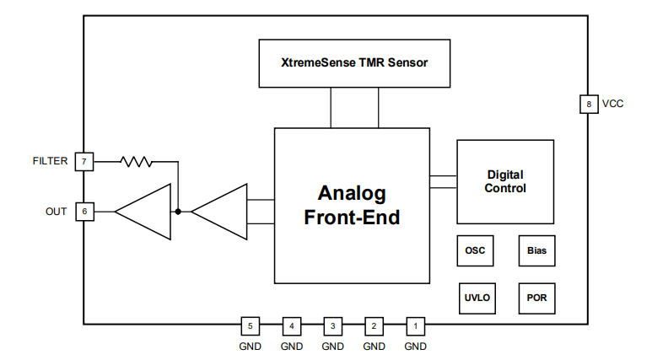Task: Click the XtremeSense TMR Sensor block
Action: pos(353,62)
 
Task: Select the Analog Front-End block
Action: pos(352,205)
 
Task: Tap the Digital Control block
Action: pos(505,181)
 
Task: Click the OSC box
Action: pos(476,250)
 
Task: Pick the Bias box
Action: pos(536,250)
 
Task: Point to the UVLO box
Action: pos(476,298)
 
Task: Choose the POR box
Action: pos(536,298)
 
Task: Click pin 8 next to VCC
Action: pos(588,105)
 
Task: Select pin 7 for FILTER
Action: pos(84,161)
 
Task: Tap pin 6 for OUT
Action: pos(84,211)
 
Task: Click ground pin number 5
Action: pos(250,325)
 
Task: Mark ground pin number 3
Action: pos(332,325)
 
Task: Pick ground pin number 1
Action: pos(415,325)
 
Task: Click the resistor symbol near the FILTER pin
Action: pos(137,161)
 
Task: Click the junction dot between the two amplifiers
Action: pos(178,211)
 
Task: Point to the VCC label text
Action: pos(612,105)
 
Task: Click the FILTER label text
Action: pos(50,161)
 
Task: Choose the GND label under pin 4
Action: pos(291,346)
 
